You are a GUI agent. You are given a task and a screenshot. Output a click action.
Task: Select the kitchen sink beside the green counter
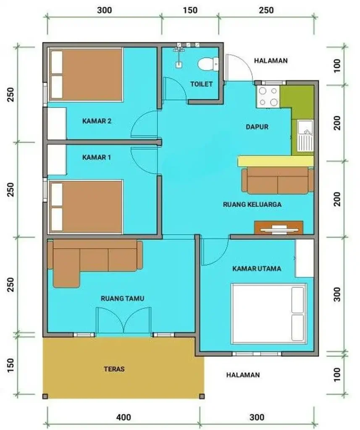[x=305, y=135]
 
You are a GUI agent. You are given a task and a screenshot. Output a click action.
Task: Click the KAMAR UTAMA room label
[x=257, y=269]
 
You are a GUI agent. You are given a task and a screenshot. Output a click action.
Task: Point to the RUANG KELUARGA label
[x=252, y=205]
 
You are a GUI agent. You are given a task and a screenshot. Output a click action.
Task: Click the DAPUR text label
[x=257, y=126]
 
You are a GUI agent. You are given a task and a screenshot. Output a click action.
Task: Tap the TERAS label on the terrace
[x=114, y=369]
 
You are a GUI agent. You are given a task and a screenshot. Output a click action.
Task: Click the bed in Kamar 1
[x=86, y=207]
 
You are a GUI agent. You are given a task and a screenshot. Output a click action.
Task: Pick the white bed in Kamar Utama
[x=269, y=312]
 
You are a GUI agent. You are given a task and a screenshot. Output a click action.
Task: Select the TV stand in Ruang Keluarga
[x=279, y=227]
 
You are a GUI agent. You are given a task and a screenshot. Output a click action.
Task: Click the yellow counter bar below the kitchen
[x=275, y=161]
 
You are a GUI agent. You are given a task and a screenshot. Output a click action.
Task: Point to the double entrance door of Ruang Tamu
[x=123, y=321]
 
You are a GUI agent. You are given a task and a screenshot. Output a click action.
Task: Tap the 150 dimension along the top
[x=190, y=10]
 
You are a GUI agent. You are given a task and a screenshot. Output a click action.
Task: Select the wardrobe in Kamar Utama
[x=304, y=258]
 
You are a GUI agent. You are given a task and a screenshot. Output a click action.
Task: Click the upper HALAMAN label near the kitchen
[x=271, y=60]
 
